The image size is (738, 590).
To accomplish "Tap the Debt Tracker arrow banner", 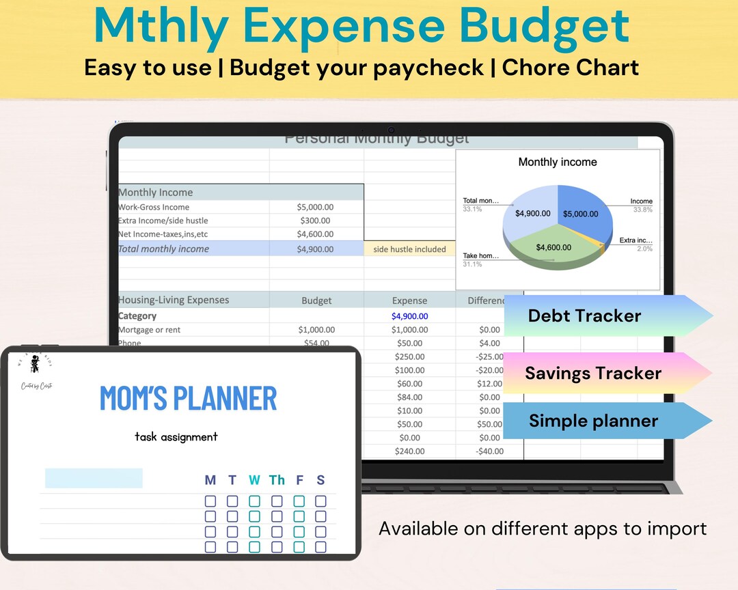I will tap(594, 315).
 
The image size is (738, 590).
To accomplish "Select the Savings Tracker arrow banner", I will tap(593, 373).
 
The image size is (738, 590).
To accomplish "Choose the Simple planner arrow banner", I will tap(593, 421).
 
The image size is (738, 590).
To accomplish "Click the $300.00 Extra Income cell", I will tap(315, 221).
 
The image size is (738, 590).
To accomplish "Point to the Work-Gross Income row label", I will tap(154, 207).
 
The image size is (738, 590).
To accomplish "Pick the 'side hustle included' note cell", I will tap(409, 249).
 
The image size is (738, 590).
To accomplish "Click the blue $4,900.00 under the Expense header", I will tap(409, 316).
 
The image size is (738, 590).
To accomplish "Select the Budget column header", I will tap(316, 300).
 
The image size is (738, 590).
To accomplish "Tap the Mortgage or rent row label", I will tap(150, 330).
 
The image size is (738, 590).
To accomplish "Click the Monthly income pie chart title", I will tap(558, 162).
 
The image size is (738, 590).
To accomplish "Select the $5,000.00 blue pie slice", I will tap(580, 214).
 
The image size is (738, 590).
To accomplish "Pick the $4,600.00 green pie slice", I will tap(553, 247).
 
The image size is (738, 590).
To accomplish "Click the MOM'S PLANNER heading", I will tap(188, 398).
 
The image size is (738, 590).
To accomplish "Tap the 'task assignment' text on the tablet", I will tap(176, 437).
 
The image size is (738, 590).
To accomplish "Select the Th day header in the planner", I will tap(277, 480).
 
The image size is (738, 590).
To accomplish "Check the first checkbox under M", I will tap(210, 501).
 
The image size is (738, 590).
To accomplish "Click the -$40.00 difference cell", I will tap(490, 451).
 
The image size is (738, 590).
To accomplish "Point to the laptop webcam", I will tap(392, 130).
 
